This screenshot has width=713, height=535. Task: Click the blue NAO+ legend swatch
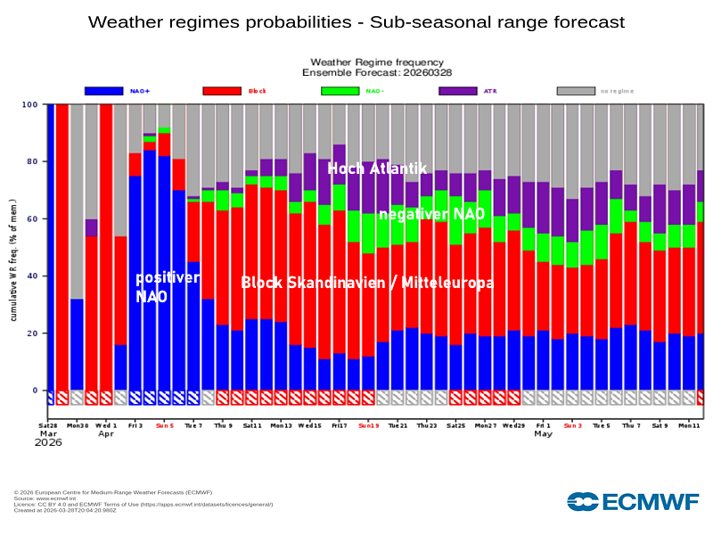pyautogui.click(x=103, y=91)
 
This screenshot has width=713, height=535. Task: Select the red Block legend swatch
pyautogui.click(x=222, y=91)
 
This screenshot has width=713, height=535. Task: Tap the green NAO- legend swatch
pyautogui.click(x=340, y=91)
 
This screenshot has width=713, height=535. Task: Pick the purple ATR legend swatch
pyautogui.click(x=458, y=91)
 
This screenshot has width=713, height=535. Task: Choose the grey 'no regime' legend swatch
pyautogui.click(x=576, y=91)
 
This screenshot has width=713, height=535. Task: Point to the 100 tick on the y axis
pyautogui.click(x=29, y=104)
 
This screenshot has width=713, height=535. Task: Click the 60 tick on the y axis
pyautogui.click(x=31, y=218)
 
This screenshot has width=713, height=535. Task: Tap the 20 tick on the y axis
pyautogui.click(x=31, y=333)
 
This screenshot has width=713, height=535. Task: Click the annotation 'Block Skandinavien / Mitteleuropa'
pyautogui.click(x=366, y=283)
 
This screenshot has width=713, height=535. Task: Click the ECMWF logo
pyautogui.click(x=633, y=501)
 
